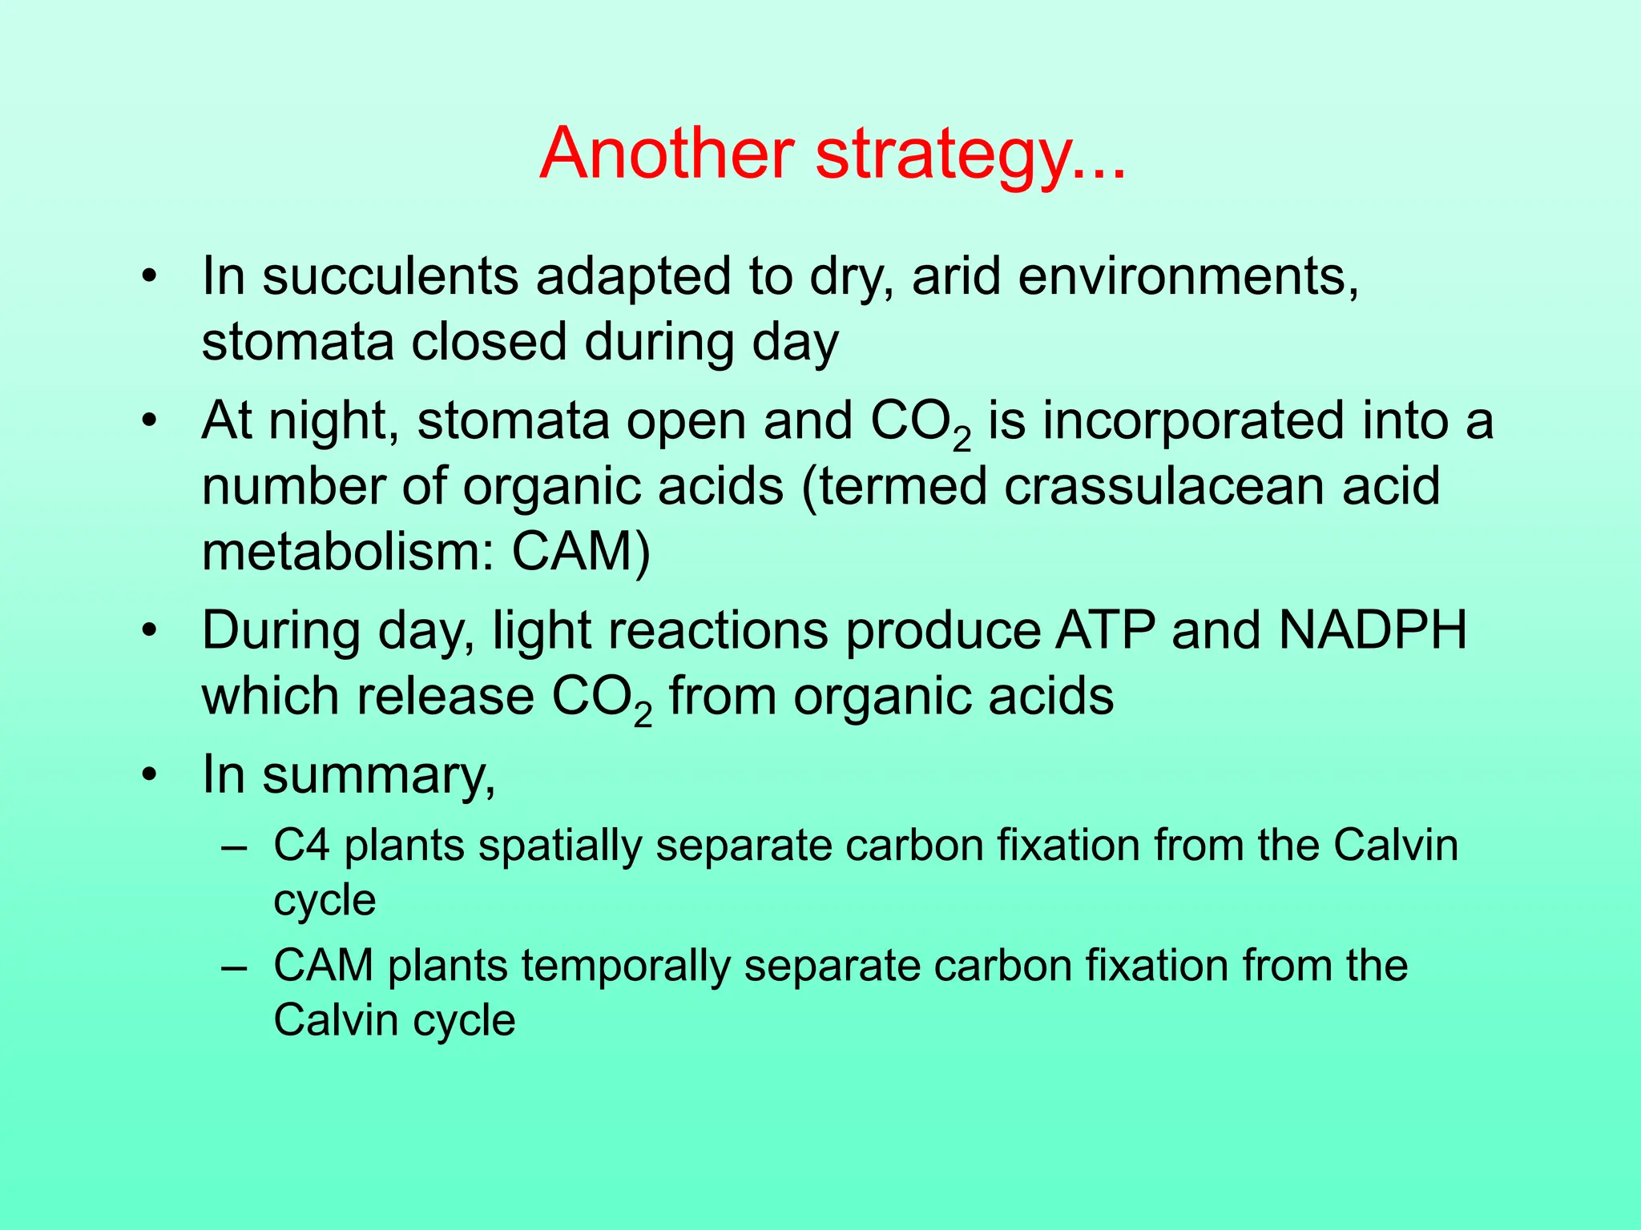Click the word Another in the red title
[667, 154]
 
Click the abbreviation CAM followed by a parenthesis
[579, 552]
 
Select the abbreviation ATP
[1105, 630]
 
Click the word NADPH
[1373, 630]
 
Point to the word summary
[378, 775]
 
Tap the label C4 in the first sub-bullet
[301, 846]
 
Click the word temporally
[625, 967]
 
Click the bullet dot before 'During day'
[148, 632]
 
